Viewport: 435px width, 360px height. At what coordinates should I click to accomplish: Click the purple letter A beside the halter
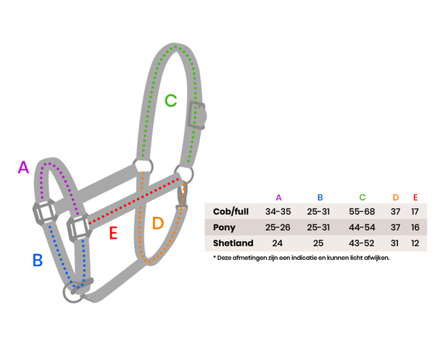(23, 167)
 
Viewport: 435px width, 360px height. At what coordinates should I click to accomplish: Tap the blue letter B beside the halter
(38, 260)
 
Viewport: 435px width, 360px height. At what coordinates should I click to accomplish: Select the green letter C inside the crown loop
(170, 100)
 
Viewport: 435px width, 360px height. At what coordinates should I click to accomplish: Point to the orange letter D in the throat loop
(158, 223)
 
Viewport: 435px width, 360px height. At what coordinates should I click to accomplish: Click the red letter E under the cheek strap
(113, 233)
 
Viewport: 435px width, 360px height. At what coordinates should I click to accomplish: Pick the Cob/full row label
(231, 211)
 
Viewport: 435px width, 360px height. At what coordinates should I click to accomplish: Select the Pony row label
(224, 227)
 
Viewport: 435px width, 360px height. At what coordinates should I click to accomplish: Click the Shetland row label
(233, 243)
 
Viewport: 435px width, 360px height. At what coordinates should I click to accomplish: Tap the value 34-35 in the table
(278, 212)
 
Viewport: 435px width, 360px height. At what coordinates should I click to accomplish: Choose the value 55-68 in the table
(362, 212)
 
